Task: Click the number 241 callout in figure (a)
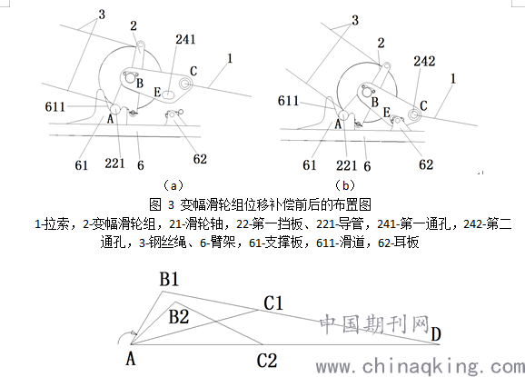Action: [x=185, y=39]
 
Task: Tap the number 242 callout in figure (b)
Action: [x=424, y=61]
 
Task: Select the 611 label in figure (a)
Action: [x=54, y=107]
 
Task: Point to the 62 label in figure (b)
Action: [x=426, y=164]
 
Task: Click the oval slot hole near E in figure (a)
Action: [x=170, y=94]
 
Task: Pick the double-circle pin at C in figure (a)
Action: [x=184, y=83]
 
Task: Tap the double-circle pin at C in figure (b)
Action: [x=414, y=114]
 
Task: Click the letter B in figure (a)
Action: [x=140, y=83]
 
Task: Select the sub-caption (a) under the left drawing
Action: [x=173, y=185]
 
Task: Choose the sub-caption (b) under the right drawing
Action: [x=345, y=185]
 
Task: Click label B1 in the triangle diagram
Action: [x=169, y=280]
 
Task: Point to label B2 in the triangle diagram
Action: [x=178, y=316]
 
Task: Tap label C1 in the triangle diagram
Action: [x=273, y=303]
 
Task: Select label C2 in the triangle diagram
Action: [x=267, y=361]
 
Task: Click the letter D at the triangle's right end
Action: [x=436, y=333]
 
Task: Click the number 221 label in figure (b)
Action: [x=347, y=165]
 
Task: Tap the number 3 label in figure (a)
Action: [x=102, y=15]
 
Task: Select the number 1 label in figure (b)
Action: [x=453, y=79]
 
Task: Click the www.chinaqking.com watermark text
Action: [x=421, y=366]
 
